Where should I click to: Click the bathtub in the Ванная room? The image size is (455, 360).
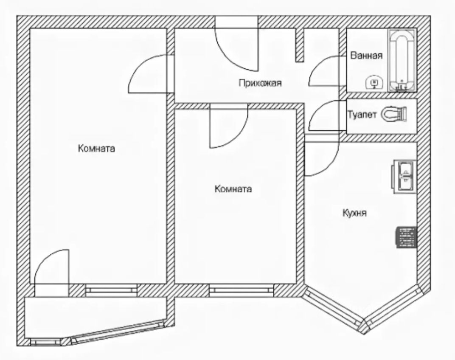(402, 60)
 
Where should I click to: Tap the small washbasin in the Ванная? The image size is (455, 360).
(374, 82)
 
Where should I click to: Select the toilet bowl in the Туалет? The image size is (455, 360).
(394, 115)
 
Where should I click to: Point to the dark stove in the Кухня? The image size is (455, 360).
(406, 237)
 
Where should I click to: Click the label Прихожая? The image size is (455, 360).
(260, 83)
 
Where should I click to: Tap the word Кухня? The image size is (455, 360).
(354, 214)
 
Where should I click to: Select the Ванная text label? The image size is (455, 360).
(367, 56)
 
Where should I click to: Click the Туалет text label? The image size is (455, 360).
(362, 115)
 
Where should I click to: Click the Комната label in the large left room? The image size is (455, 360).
(96, 149)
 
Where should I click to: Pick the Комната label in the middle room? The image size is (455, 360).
(233, 189)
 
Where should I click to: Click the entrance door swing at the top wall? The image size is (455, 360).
(236, 47)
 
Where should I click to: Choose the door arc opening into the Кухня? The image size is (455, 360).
(321, 159)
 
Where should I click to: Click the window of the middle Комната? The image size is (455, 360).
(242, 290)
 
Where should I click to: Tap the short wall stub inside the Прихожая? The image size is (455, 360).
(300, 45)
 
